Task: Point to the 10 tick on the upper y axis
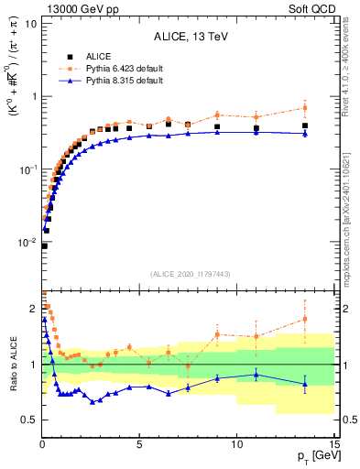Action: click(29, 22)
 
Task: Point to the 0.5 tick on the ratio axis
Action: click(27, 420)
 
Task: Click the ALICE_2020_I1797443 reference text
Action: click(190, 273)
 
